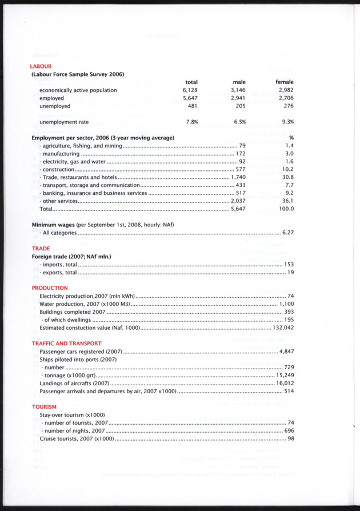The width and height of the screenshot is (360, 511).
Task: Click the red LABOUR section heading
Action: (41, 66)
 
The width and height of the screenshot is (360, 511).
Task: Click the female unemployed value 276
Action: (288, 106)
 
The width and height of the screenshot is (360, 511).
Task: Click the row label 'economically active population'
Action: (78, 90)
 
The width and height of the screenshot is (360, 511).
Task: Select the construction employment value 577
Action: (240, 170)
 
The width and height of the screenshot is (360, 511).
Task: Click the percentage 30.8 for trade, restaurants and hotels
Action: (288, 178)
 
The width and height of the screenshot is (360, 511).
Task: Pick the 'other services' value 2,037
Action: (238, 201)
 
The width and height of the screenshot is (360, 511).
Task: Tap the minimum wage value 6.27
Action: (287, 233)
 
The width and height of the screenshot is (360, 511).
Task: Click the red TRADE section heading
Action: (41, 249)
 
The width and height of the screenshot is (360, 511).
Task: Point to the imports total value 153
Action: (289, 265)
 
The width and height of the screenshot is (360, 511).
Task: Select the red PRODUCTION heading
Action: (50, 288)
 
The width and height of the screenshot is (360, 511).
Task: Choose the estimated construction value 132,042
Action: (283, 328)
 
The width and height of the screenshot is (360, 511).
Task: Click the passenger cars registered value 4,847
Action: (286, 352)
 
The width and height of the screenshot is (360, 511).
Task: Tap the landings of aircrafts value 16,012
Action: (284, 384)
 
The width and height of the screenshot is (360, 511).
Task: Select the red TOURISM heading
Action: (44, 406)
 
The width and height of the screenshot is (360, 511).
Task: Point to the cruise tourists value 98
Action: (290, 438)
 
